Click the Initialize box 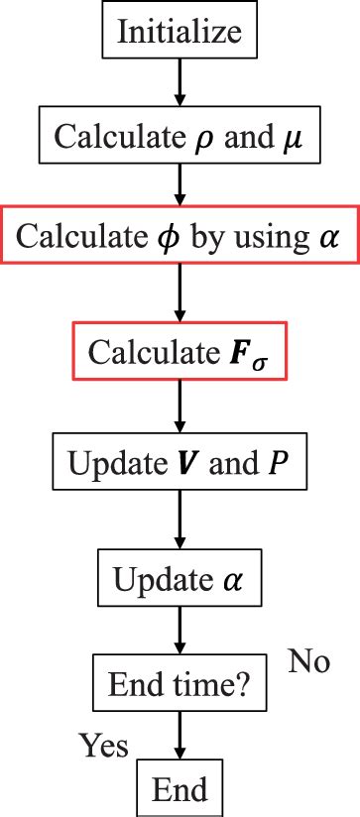coord(180,32)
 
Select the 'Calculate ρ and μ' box coord(180,136)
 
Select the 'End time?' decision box coord(180,682)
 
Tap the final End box coord(180,790)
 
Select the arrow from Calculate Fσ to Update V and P coord(180,408)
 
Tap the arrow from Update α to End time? coord(180,630)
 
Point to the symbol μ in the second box coord(291,138)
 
